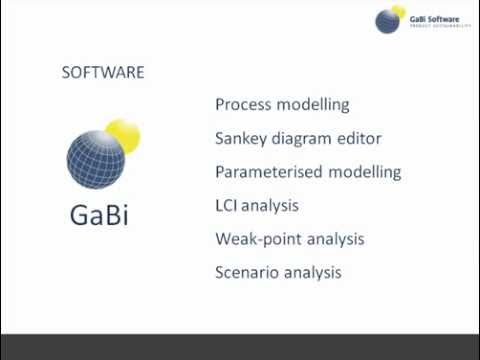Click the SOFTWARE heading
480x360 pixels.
(103, 73)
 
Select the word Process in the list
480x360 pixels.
(244, 104)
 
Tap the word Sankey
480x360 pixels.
(243, 138)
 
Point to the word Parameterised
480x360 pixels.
(268, 172)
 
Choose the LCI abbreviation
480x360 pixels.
(229, 205)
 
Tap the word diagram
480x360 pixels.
(305, 138)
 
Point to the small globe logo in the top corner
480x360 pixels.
(389, 21)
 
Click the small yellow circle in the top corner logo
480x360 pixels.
(400, 12)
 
